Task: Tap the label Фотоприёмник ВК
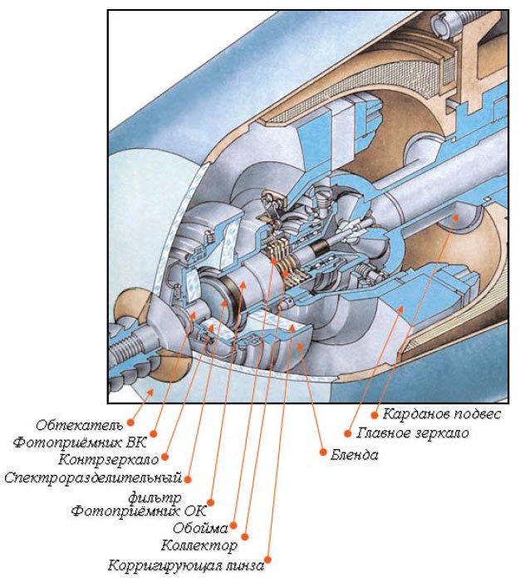(x=80, y=443)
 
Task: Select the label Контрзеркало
(x=108, y=459)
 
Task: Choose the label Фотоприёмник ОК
(x=138, y=511)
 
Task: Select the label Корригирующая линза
(x=186, y=566)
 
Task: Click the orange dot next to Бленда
(x=322, y=453)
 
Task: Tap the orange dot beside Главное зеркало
(x=347, y=432)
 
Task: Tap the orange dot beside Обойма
(x=235, y=526)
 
